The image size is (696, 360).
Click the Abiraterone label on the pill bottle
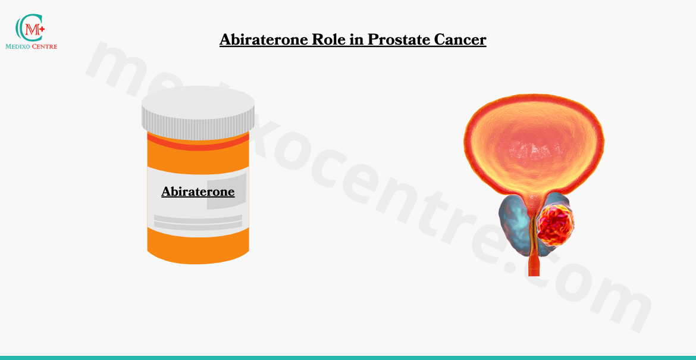[198, 192]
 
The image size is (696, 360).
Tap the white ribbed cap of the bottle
[198, 112]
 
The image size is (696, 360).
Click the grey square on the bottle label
[227, 192]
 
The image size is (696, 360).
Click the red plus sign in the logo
[42, 29]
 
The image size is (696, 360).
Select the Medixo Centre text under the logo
[31, 46]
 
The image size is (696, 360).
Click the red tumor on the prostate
[555, 224]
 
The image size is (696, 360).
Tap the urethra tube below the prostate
[534, 264]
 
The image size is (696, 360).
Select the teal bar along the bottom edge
[348, 358]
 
